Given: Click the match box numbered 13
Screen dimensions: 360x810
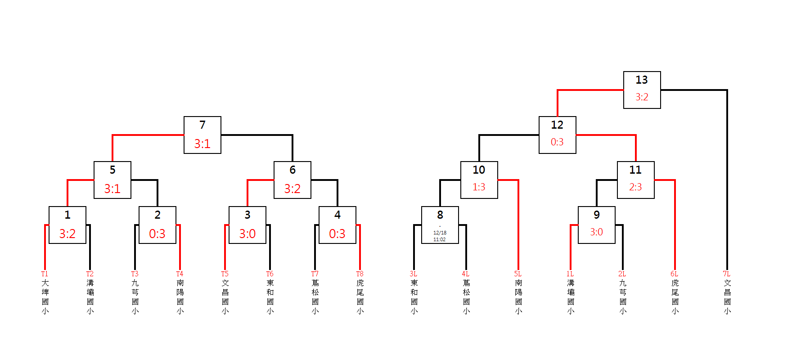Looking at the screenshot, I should click(642, 90).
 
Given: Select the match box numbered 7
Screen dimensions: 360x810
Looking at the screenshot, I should click(202, 135).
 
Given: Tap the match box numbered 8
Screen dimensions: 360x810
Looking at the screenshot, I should click(440, 225).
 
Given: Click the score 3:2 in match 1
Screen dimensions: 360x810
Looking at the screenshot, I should click(67, 234).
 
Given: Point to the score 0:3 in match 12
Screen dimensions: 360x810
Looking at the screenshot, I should click(557, 142).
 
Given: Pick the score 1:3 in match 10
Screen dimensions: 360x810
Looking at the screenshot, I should click(479, 187).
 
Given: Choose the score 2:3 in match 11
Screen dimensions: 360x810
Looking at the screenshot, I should click(635, 187).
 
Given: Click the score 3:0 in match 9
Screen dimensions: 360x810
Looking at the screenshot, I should click(596, 232).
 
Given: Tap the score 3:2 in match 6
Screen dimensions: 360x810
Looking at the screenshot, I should click(292, 189).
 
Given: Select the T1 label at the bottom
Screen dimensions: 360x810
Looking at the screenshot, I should click(45, 274).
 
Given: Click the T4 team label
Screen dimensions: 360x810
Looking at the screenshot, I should click(180, 274).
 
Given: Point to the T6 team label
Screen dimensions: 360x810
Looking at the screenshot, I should click(270, 274).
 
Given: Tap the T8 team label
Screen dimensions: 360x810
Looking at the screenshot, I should click(360, 274).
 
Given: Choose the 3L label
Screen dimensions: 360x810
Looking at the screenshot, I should click(413, 274).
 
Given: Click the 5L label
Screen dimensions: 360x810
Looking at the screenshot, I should click(517, 274).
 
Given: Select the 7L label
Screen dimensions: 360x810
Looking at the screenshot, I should click(726, 274).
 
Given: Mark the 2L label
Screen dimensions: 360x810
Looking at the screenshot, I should click(622, 274).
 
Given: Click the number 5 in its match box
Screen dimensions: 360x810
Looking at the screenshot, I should click(112, 170).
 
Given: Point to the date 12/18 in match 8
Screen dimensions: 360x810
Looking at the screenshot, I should click(440, 233).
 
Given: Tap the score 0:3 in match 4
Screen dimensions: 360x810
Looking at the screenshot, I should click(337, 234).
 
